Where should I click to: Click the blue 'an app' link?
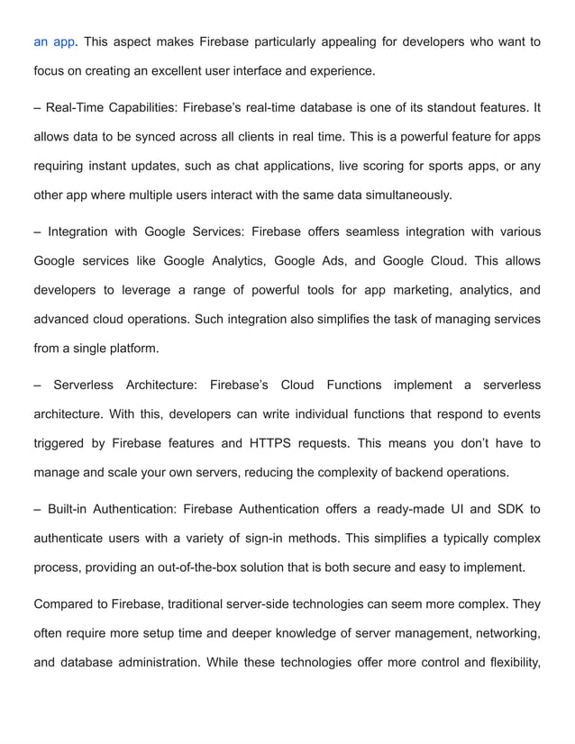[54, 41]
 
